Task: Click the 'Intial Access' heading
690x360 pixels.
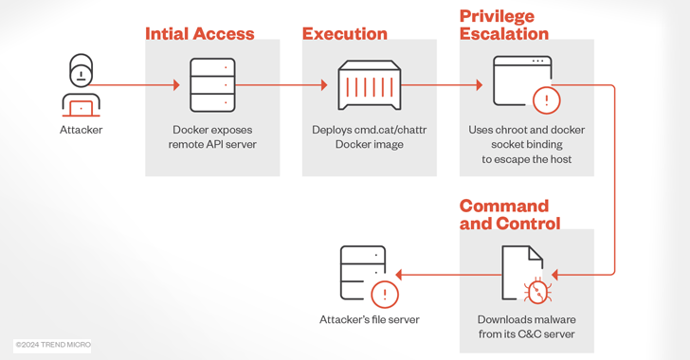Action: (x=199, y=34)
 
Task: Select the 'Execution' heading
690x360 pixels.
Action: (x=344, y=34)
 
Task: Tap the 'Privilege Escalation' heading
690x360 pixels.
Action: (x=504, y=26)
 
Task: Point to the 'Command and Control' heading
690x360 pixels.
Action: (x=510, y=215)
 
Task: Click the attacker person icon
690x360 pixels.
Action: (x=81, y=84)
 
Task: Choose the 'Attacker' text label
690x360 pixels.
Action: (x=81, y=130)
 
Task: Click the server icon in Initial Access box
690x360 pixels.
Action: (x=212, y=85)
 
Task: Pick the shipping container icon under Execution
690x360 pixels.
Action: (x=370, y=85)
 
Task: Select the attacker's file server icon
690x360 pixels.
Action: (x=369, y=276)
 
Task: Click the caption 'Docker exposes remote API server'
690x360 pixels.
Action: (x=212, y=137)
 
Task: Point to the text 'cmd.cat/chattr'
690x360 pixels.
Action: (x=389, y=130)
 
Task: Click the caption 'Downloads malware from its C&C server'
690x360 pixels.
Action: (x=526, y=327)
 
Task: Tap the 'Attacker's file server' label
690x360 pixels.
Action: (x=369, y=319)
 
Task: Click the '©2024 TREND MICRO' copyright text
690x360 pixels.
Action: (x=53, y=345)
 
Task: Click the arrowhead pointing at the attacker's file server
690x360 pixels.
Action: (x=400, y=275)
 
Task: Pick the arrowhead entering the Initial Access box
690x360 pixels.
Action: (x=175, y=85)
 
